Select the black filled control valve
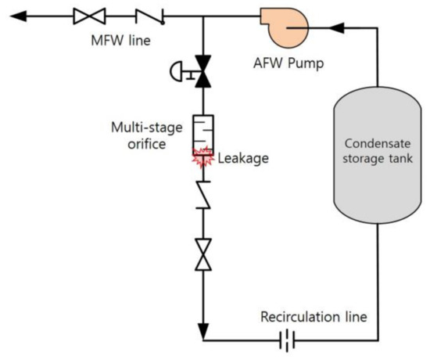[202, 70]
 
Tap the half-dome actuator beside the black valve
[177, 72]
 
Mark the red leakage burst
[202, 157]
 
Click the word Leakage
[244, 158]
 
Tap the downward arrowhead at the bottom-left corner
[202, 333]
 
